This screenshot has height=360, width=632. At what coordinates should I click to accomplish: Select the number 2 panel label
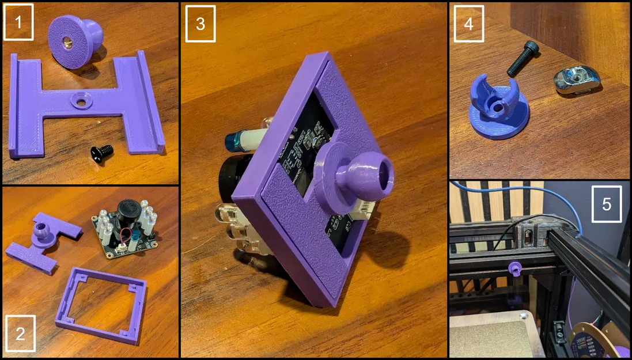(20, 333)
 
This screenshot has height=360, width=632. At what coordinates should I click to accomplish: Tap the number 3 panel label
(200, 24)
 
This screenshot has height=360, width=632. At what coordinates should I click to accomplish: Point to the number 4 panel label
(468, 24)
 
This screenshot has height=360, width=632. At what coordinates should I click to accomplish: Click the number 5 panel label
(607, 204)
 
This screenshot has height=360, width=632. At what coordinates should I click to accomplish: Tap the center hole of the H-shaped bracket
(81, 103)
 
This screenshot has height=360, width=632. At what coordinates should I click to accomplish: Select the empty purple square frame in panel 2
(101, 306)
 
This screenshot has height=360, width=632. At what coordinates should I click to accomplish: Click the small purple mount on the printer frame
(515, 268)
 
